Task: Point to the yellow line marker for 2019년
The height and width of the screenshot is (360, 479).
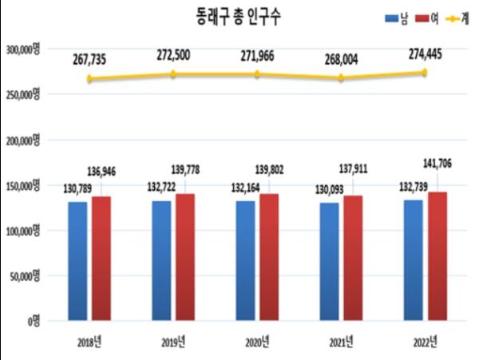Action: [174, 74]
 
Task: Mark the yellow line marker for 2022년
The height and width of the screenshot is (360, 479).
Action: [425, 73]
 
